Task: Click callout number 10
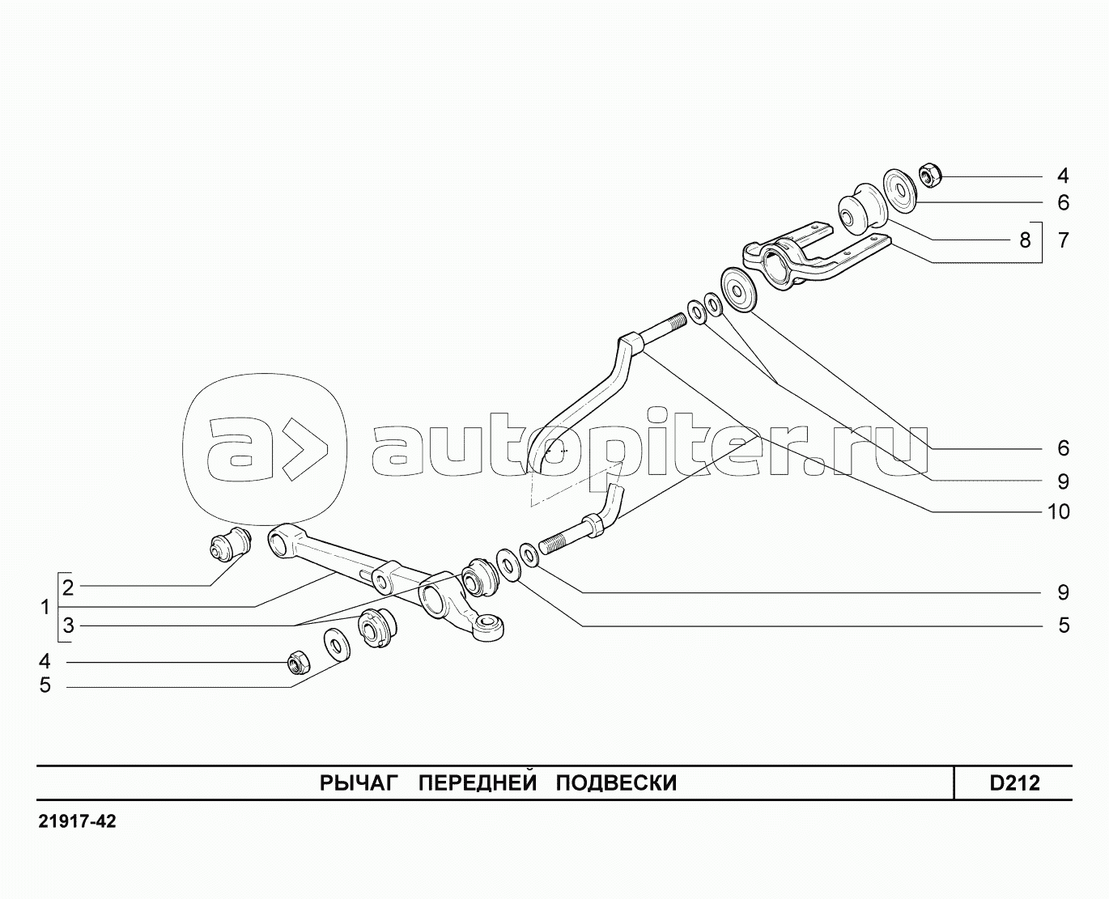(1059, 512)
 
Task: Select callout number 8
(1025, 240)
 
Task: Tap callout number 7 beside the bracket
(1063, 240)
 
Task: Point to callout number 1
(45, 607)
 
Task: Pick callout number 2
(68, 587)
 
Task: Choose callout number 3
(68, 625)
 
